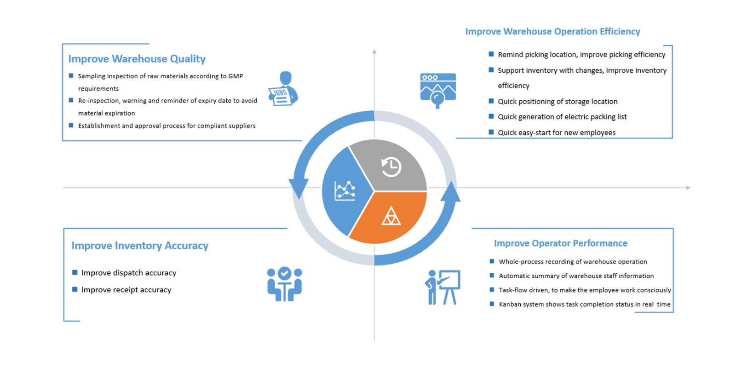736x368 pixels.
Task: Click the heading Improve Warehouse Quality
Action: pos(137,59)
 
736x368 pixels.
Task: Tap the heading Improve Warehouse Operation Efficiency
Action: pos(552,31)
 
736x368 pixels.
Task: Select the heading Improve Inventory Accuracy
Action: pos(140,246)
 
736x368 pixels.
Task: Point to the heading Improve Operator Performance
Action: pos(560,243)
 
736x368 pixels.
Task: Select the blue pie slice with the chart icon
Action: pos(345,190)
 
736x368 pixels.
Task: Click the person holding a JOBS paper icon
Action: pos(284,89)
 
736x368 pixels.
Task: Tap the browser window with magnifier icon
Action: pos(438,90)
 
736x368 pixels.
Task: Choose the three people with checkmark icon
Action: pos(284,284)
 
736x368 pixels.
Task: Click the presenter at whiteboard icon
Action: pos(443,287)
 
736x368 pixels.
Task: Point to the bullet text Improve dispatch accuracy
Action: pos(129,273)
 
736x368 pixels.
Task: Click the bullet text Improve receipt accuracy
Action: pos(126,290)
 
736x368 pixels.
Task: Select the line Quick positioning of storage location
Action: pos(558,101)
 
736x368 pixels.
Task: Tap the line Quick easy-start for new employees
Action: pos(557,132)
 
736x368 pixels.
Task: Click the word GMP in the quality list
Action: pos(236,76)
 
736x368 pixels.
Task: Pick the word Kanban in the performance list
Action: pos(510,304)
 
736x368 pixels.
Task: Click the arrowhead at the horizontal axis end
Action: pos(688,188)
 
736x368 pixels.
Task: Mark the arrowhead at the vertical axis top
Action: pos(374,52)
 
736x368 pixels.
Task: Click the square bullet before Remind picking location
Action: pos(491,54)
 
